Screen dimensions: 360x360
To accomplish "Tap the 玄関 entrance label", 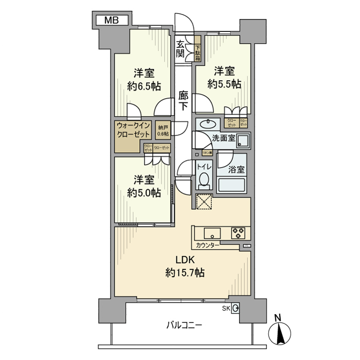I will tap(180, 48).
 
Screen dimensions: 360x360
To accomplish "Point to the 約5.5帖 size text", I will tap(224, 83).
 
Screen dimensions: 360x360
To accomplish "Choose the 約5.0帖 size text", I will tap(144, 192).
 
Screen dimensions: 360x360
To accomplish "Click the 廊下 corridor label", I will tap(184, 100).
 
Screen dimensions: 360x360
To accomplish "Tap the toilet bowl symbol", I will tap(204, 180).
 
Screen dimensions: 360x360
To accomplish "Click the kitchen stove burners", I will tap(238, 232).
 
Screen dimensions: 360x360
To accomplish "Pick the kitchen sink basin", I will tap(212, 232).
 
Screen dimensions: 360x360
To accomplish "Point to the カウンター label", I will tap(208, 245).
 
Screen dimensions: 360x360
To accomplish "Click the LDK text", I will tap(185, 259).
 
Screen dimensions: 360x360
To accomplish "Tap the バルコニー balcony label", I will tap(184, 325).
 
